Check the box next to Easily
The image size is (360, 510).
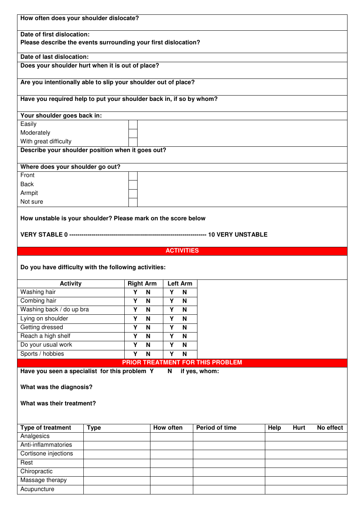click(x=133, y=124)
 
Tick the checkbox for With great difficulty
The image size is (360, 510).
click(x=133, y=142)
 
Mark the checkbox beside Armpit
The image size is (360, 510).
click(x=133, y=193)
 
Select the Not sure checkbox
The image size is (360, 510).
click(x=133, y=202)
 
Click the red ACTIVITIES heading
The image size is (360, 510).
click(x=182, y=251)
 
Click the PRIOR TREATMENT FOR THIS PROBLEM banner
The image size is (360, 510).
click(x=182, y=362)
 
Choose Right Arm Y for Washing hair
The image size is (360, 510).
click(x=135, y=292)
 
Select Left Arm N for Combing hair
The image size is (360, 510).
click(x=185, y=301)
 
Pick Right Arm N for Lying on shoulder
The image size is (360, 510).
click(x=148, y=319)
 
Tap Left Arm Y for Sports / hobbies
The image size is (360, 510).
click(x=172, y=354)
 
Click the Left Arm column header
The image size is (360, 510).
click(x=180, y=284)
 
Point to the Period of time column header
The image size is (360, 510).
click(x=216, y=428)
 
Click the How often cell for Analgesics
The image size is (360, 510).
click(x=171, y=436)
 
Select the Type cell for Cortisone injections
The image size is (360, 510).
click(x=117, y=454)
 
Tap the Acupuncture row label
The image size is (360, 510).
click(x=37, y=489)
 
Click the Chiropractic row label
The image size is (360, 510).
click(x=36, y=471)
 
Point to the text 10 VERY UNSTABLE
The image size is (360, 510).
click(x=238, y=235)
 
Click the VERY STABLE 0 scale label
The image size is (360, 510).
click(x=44, y=235)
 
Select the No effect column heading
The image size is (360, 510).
click(x=330, y=428)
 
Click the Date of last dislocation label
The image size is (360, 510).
click(x=55, y=57)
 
